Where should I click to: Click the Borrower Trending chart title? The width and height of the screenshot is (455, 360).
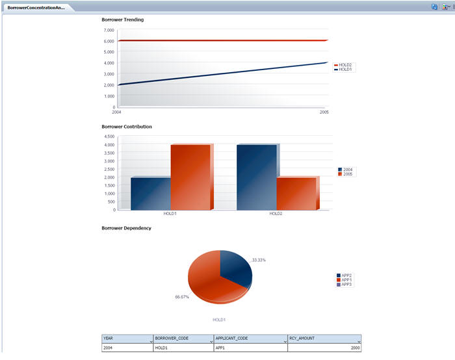[123, 19]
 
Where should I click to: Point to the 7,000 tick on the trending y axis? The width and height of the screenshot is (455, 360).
[108, 31]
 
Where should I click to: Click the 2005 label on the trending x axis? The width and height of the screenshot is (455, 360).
[324, 112]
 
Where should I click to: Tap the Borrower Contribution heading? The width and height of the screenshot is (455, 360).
[127, 126]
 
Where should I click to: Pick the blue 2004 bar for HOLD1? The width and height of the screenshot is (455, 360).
[150, 193]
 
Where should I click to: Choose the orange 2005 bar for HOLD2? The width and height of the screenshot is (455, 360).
[296, 193]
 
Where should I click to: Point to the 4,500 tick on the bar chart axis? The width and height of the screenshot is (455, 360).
[109, 136]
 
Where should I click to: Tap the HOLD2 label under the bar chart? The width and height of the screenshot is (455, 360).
[276, 213]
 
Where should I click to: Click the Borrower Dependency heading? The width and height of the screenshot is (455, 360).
[126, 227]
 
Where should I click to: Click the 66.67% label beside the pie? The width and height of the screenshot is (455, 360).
[182, 296]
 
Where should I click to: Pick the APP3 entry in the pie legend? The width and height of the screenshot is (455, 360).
[346, 285]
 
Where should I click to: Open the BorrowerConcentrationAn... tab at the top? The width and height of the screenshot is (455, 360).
[36, 7]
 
